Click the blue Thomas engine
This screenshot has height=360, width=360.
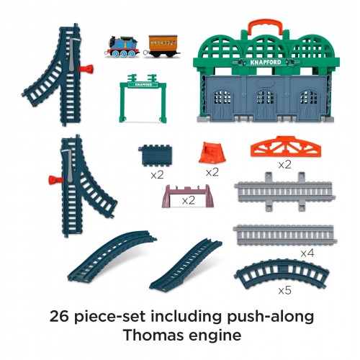[x=122, y=47]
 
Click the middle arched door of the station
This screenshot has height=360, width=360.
[x=265, y=104]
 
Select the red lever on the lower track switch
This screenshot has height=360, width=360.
[x=55, y=180]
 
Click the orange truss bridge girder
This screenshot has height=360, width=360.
[x=286, y=147]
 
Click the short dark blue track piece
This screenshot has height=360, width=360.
[x=156, y=156]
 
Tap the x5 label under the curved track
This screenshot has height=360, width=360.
[x=285, y=291]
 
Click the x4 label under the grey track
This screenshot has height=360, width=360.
[x=307, y=253]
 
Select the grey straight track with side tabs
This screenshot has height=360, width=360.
[x=285, y=192]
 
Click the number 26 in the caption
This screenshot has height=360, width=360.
[x=59, y=316]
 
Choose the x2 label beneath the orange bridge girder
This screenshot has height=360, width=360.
[x=285, y=165]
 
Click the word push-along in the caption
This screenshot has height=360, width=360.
[x=270, y=317]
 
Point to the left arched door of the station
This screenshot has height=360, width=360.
[x=222, y=104]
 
